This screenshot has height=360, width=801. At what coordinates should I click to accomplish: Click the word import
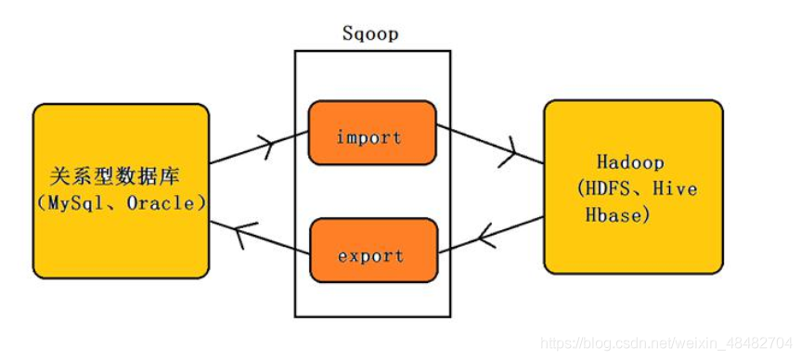coord(369,137)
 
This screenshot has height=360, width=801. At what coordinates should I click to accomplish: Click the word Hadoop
coord(631,162)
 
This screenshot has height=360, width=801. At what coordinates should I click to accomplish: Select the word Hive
coord(676,189)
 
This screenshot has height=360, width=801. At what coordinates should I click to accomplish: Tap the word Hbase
coord(614,215)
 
